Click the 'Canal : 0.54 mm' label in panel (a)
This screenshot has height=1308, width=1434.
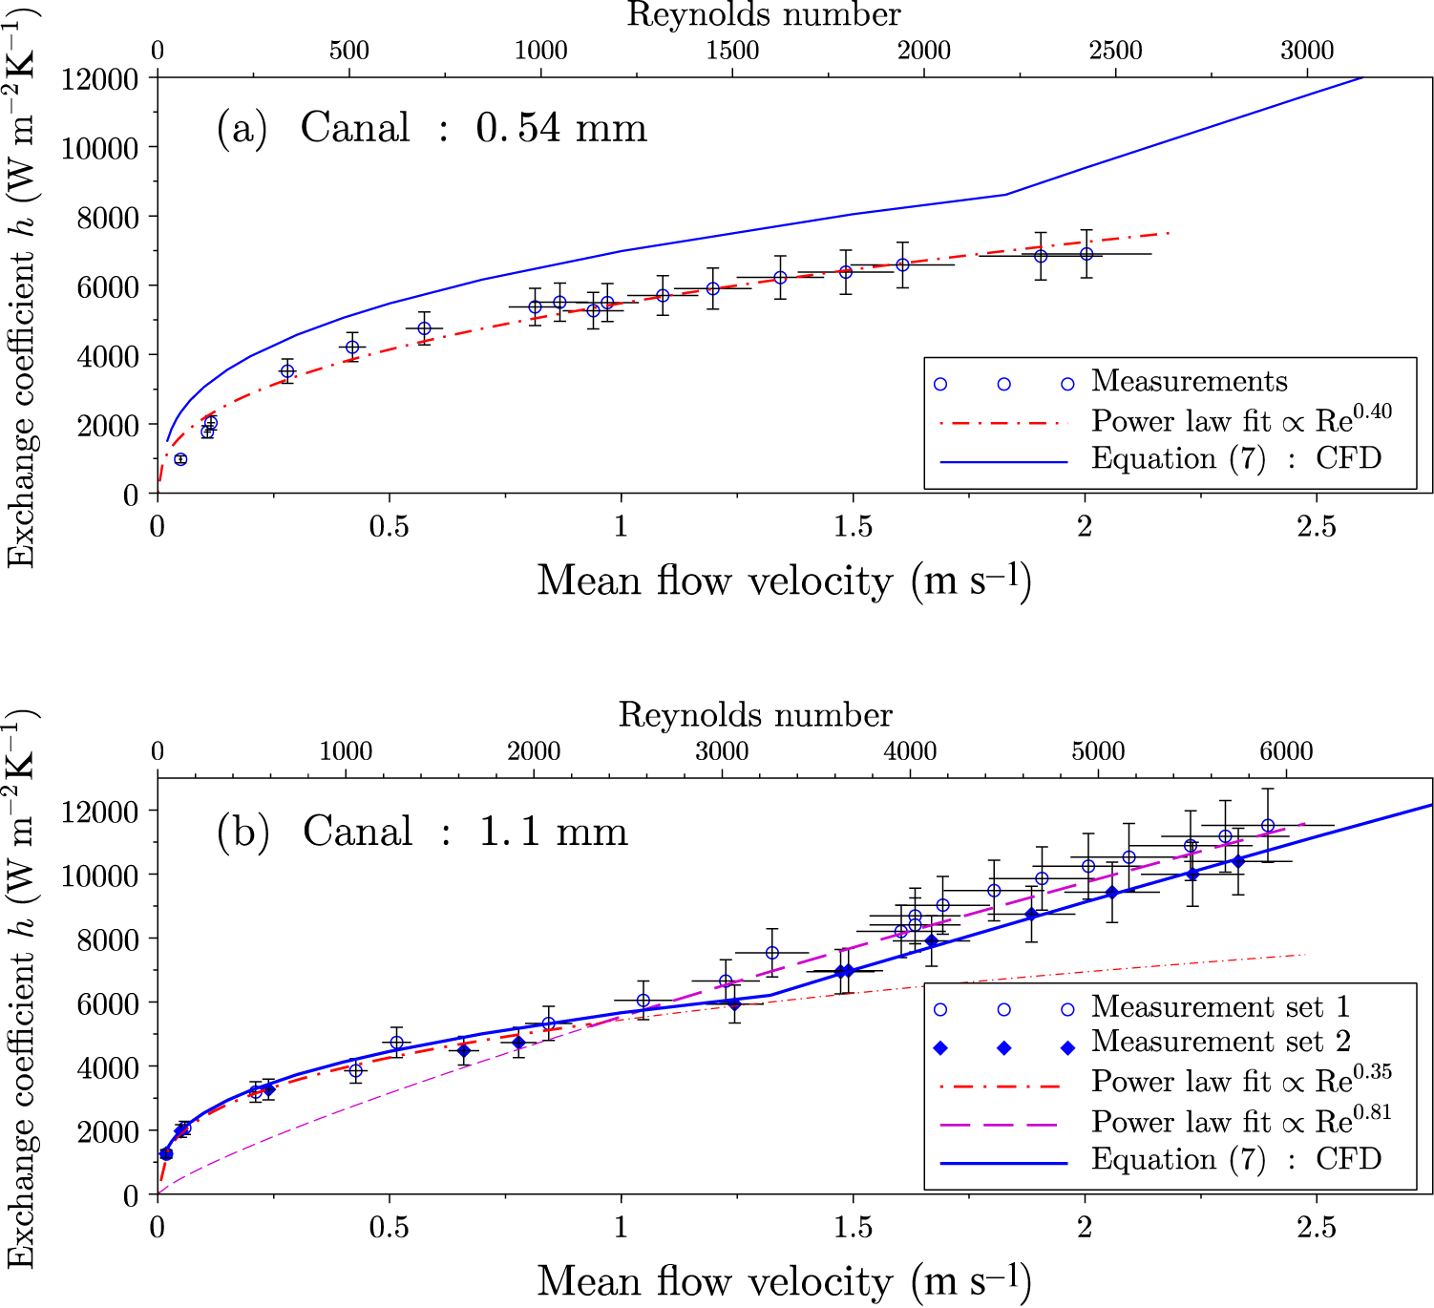tap(474, 128)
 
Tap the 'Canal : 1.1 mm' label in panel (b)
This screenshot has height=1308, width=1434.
tap(465, 832)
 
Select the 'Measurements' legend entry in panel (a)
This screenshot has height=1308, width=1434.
tap(1189, 382)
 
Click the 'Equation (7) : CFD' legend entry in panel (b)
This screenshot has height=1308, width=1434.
tap(1236, 1160)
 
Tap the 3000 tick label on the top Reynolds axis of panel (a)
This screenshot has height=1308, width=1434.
tap(1306, 51)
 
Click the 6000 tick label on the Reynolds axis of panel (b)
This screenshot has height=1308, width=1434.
tap(1286, 751)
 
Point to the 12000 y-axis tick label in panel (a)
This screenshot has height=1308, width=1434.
tap(99, 78)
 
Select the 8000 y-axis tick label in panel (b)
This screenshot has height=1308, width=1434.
tap(99, 939)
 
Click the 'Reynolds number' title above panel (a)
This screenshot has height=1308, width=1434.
tap(763, 15)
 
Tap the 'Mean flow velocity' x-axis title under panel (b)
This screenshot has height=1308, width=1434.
tap(783, 1281)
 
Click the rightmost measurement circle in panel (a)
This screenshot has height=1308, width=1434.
tap(1086, 254)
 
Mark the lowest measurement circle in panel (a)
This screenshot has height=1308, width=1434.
tap(180, 459)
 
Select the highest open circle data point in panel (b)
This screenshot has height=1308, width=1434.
tap(1268, 826)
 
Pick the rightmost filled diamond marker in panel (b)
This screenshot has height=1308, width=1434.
tap(1238, 861)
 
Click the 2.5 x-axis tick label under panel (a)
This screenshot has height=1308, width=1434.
tap(1317, 527)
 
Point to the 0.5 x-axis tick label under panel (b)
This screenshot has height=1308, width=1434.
tap(389, 1228)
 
